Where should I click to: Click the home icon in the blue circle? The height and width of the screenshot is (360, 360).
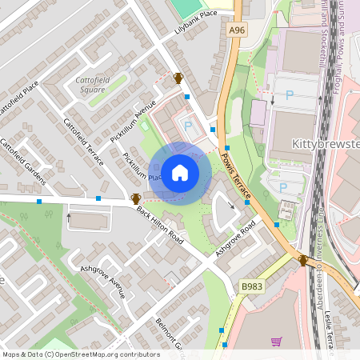pyautogui.click(x=180, y=172)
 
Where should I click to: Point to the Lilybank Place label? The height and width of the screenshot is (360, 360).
pyautogui.click(x=196, y=25)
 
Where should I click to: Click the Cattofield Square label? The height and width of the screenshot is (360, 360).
pyautogui.click(x=96, y=85)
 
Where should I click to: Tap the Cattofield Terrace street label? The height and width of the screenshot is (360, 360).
pyautogui.click(x=83, y=142)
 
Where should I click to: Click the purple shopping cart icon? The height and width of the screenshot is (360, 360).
pyautogui.click(x=276, y=342)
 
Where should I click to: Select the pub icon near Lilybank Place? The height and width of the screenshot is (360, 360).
pyautogui.click(x=178, y=78)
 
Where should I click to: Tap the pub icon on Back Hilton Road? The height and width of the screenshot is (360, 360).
pyautogui.click(x=135, y=198)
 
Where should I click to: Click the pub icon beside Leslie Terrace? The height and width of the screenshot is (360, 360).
pyautogui.click(x=303, y=261)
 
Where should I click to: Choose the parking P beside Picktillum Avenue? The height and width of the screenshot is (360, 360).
pyautogui.click(x=189, y=126)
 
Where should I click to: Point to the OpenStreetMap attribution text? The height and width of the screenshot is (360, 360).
pyautogui.click(x=81, y=354)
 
